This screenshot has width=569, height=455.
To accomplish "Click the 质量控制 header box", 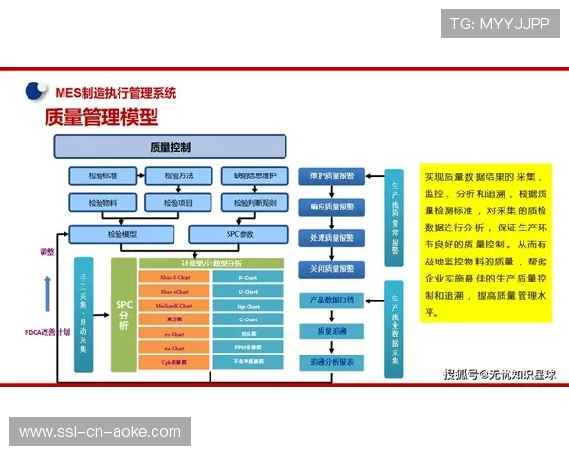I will (170, 147).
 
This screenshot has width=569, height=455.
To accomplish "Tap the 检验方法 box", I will (178, 175).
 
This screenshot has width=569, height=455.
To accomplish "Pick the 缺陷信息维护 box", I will (254, 175).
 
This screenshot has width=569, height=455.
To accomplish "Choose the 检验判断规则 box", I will (254, 202).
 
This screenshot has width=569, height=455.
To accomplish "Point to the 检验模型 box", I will (122, 233).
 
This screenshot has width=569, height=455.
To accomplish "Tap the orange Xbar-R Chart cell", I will (175, 278).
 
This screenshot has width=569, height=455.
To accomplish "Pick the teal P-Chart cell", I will (248, 278).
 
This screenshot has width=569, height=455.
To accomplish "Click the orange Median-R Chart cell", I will (175, 306).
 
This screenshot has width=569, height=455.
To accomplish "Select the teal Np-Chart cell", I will (248, 306).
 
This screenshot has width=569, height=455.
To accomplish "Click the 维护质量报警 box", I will (331, 175).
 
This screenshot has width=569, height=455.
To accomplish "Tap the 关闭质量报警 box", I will (331, 268).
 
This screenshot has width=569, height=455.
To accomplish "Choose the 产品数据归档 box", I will (331, 300).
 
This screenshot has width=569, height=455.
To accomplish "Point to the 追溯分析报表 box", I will (331, 362).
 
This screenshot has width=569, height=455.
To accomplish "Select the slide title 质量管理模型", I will (101, 117).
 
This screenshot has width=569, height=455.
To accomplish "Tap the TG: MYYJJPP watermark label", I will (500, 24).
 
